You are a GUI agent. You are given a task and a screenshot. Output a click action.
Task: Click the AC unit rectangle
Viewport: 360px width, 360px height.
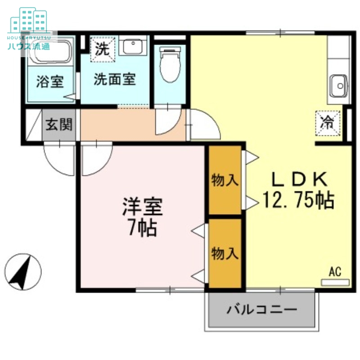pos(335,282)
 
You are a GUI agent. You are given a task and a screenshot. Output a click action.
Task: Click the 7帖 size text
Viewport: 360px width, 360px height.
pos(142,229)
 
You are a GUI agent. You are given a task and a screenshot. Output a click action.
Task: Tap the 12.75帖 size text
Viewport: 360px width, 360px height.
pos(298,200)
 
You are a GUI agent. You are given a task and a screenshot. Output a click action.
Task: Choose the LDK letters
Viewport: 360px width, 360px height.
pos(297,180)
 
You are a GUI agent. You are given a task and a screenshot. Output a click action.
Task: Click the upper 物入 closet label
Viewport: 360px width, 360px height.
pos(225,180)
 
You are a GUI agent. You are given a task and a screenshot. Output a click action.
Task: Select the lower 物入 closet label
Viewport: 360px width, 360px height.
pos(225,254)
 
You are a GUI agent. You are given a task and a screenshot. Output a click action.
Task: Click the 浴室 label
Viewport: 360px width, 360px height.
pos(49,82)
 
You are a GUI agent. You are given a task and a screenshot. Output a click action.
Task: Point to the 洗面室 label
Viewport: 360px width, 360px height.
pos(115,80)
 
